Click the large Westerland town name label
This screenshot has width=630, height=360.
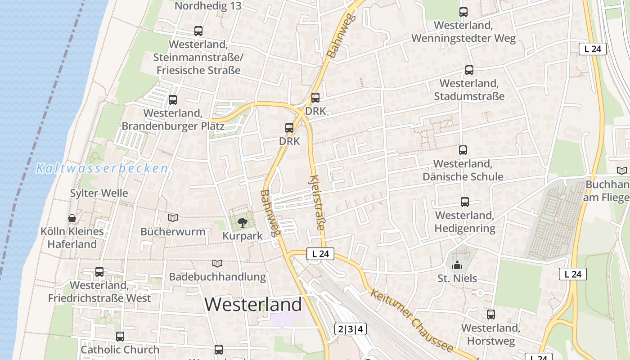point(253,305)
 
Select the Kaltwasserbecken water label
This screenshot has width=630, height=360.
point(102,169)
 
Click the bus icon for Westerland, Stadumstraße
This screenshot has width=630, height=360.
point(469,70)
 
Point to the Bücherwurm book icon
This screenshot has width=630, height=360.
point(173,218)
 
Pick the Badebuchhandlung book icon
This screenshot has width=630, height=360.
point(217,263)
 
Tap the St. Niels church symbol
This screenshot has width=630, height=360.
point(457,265)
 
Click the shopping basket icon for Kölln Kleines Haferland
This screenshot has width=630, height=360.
point(72,218)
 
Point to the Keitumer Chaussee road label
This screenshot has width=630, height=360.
point(411,320)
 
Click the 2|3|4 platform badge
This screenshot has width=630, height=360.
point(351,329)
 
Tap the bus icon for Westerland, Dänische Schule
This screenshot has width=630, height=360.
point(463,150)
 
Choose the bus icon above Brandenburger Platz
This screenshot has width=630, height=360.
point(173,100)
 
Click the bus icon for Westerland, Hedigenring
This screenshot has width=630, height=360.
point(465,202)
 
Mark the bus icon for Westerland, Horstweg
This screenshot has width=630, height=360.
point(491,315)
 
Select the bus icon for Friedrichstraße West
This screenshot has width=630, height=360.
point(99,272)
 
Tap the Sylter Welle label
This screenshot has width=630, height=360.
point(99,193)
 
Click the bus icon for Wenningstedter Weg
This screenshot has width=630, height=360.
point(463,12)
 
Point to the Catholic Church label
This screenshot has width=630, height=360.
point(120,350)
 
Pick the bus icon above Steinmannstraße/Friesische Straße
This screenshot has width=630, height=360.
point(198,31)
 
